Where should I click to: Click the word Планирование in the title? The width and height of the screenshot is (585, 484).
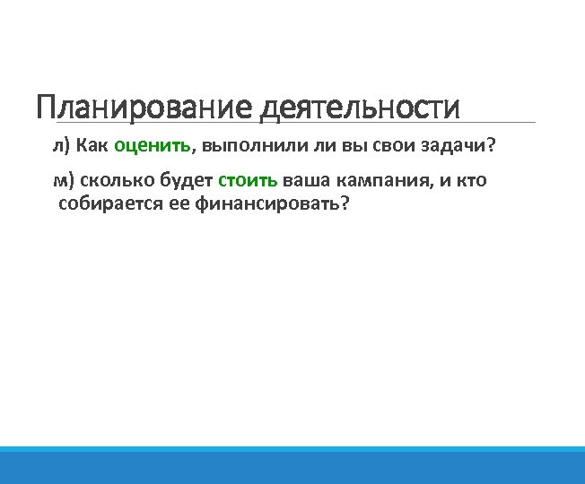pos(144,108)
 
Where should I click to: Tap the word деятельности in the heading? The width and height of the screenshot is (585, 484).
pos(360,108)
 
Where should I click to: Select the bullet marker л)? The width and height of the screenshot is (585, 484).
pos(61,145)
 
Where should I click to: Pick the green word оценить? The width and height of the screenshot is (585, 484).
pos(153,145)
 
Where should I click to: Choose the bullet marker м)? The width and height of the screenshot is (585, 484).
pos(63,180)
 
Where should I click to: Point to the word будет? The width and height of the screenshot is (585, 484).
pos(186,180)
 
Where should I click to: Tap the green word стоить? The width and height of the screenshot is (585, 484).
pos(248,180)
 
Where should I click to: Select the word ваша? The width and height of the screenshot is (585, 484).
pos(306,180)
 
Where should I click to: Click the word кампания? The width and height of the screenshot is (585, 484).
pos(381,180)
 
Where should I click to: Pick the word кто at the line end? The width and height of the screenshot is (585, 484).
pos(471,180)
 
